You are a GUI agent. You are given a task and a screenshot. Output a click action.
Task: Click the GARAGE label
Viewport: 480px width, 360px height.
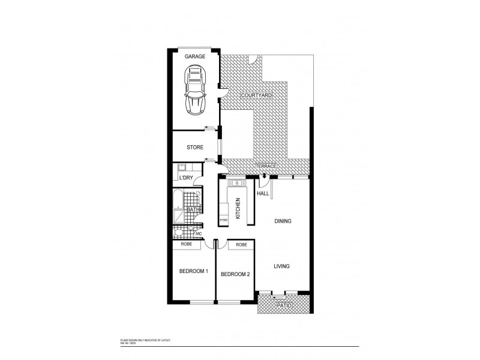click(x=195, y=56)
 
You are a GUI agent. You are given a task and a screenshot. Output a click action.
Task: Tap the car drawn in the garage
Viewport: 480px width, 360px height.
click(x=195, y=90)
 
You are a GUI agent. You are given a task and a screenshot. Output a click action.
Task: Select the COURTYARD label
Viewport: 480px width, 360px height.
click(x=257, y=95)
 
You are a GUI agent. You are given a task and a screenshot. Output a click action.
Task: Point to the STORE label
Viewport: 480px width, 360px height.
click(x=195, y=147)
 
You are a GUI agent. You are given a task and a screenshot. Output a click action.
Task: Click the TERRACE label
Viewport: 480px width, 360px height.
click(x=266, y=166)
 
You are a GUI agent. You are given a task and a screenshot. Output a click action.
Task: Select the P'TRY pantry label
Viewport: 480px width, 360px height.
click(x=224, y=220)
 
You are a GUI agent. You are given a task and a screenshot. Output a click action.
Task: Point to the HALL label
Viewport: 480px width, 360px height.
click(x=263, y=193)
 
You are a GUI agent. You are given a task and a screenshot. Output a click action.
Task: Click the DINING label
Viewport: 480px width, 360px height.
click(x=283, y=221)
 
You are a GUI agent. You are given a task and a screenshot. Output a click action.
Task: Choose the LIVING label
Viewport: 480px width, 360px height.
click(x=283, y=266)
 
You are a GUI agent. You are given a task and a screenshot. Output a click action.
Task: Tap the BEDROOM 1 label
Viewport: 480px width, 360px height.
click(x=194, y=271)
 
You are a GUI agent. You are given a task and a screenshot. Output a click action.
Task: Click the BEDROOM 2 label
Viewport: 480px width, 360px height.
click(x=235, y=274)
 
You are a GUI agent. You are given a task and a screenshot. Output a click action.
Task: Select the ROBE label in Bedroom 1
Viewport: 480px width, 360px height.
click(x=186, y=245)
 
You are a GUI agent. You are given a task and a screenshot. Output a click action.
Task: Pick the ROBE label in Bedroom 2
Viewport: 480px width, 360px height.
click(x=241, y=245)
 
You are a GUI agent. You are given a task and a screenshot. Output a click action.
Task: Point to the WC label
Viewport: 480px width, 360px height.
click(x=206, y=233)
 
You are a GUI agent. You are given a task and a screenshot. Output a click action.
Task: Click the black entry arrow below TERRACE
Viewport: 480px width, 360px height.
click(x=265, y=175)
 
